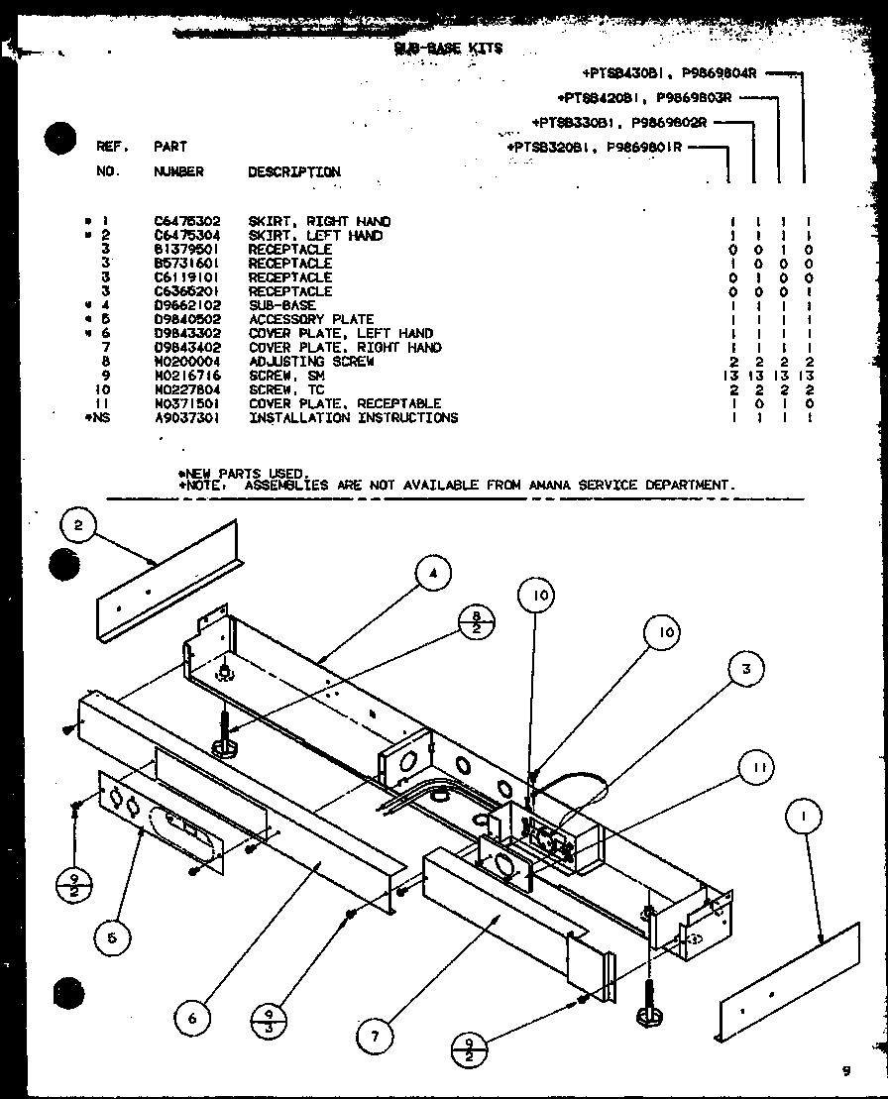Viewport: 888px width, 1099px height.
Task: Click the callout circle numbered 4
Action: coord(432,573)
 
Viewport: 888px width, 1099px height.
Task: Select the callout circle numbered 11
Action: coord(756,767)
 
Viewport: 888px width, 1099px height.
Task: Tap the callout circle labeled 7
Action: coord(375,1036)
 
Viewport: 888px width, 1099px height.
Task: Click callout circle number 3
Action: coord(744,669)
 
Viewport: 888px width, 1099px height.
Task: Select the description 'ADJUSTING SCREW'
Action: coord(310,362)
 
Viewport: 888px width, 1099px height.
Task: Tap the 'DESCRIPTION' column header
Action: coord(293,171)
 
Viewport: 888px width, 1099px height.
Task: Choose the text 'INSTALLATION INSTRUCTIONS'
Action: coord(353,418)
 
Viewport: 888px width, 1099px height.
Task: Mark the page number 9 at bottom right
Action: coord(845,1070)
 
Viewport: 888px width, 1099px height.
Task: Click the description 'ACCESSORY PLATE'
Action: coord(310,319)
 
